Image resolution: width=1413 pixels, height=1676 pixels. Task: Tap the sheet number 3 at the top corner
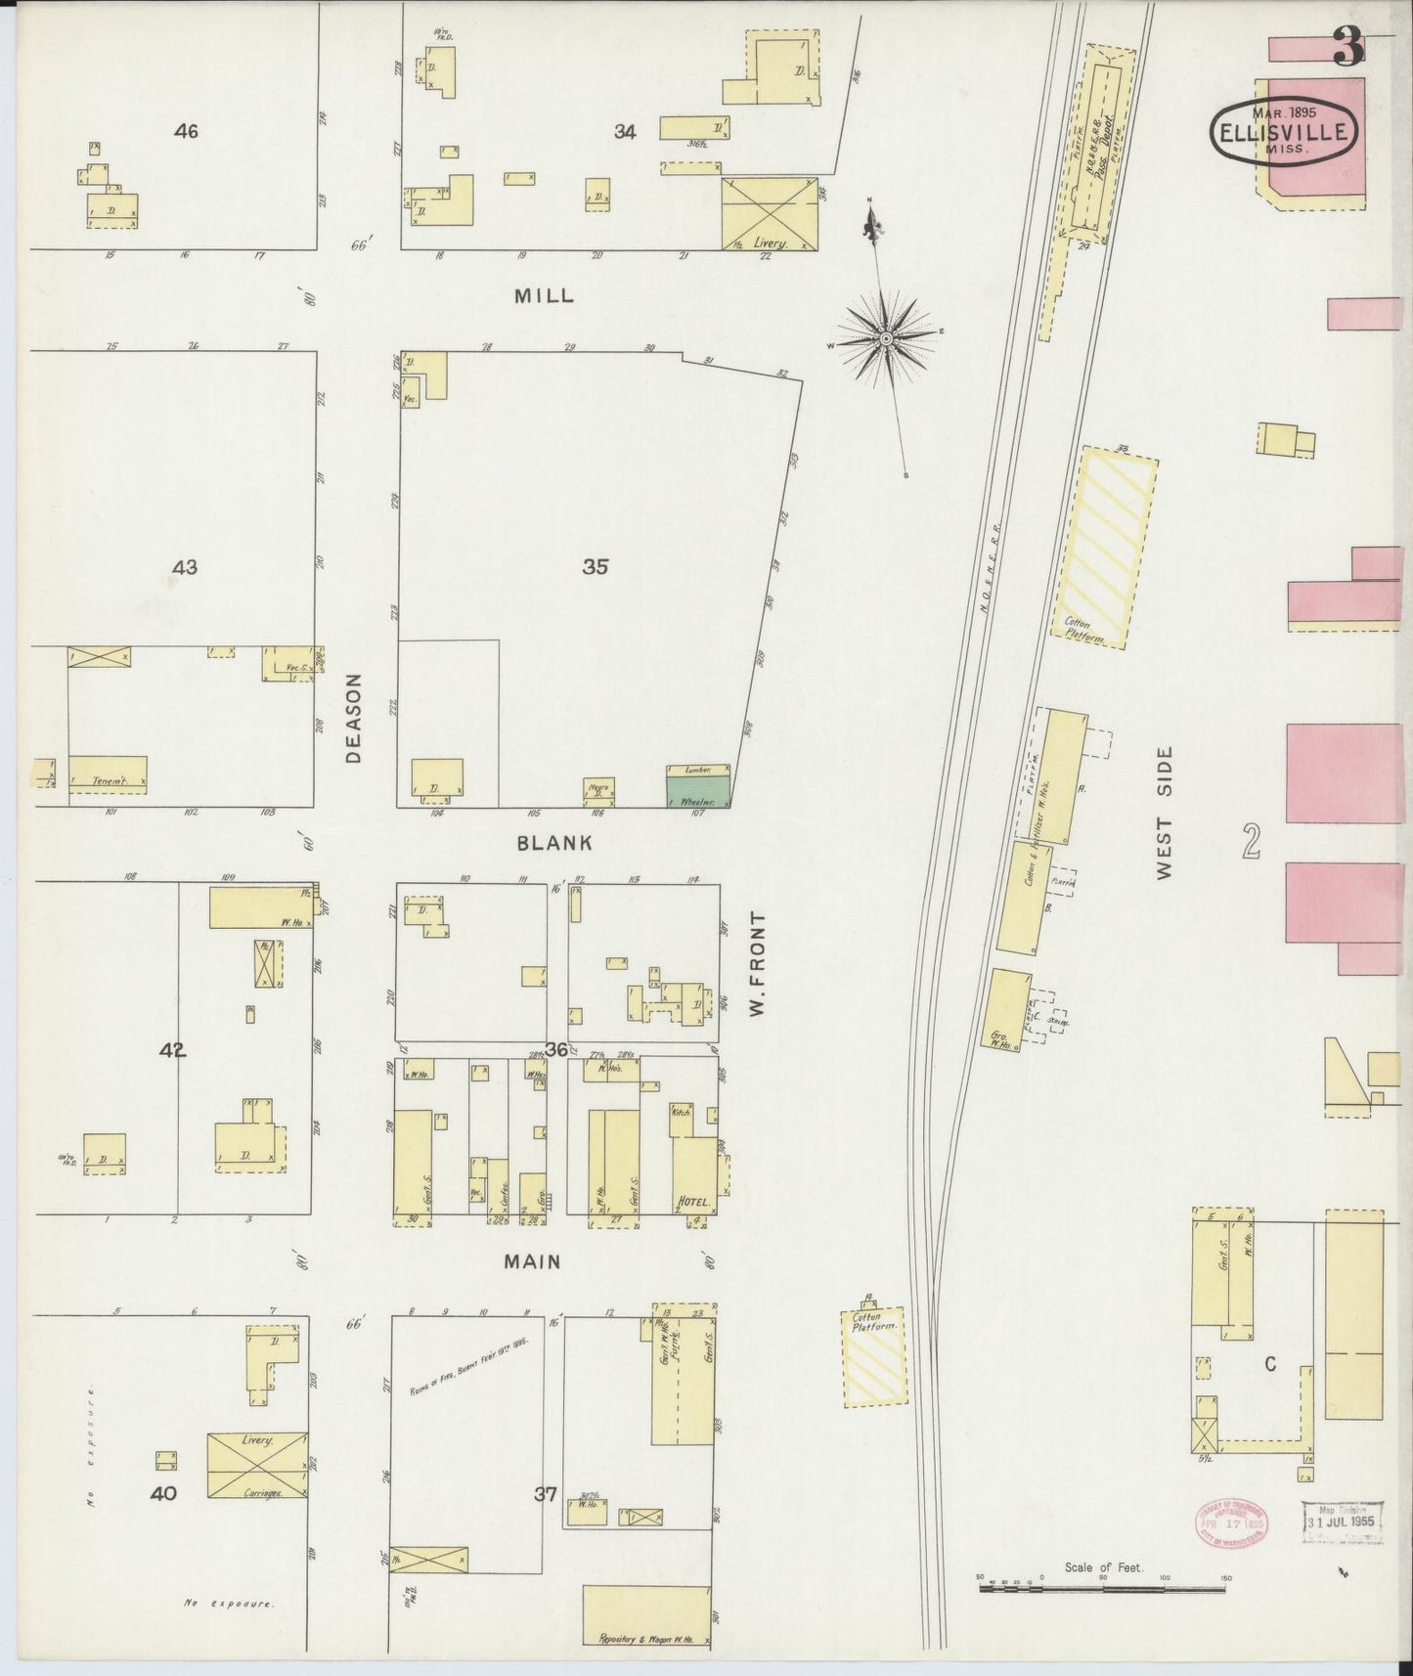(1349, 46)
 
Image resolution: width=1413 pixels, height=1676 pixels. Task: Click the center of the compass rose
(885, 339)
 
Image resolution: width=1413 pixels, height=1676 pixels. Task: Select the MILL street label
(544, 295)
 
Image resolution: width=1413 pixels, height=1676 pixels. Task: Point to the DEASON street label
(354, 718)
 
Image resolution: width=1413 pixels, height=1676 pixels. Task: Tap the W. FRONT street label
(755, 963)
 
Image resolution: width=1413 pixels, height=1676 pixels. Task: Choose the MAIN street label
(532, 1262)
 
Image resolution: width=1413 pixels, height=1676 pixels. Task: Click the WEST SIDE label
(1164, 813)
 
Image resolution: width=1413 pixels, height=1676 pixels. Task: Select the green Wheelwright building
(698, 790)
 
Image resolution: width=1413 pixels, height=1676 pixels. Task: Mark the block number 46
(185, 131)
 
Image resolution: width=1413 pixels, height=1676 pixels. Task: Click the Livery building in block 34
(769, 214)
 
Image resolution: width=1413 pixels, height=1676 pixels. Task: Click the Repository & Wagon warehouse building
(646, 1617)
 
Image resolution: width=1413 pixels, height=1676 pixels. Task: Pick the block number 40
(163, 1493)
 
